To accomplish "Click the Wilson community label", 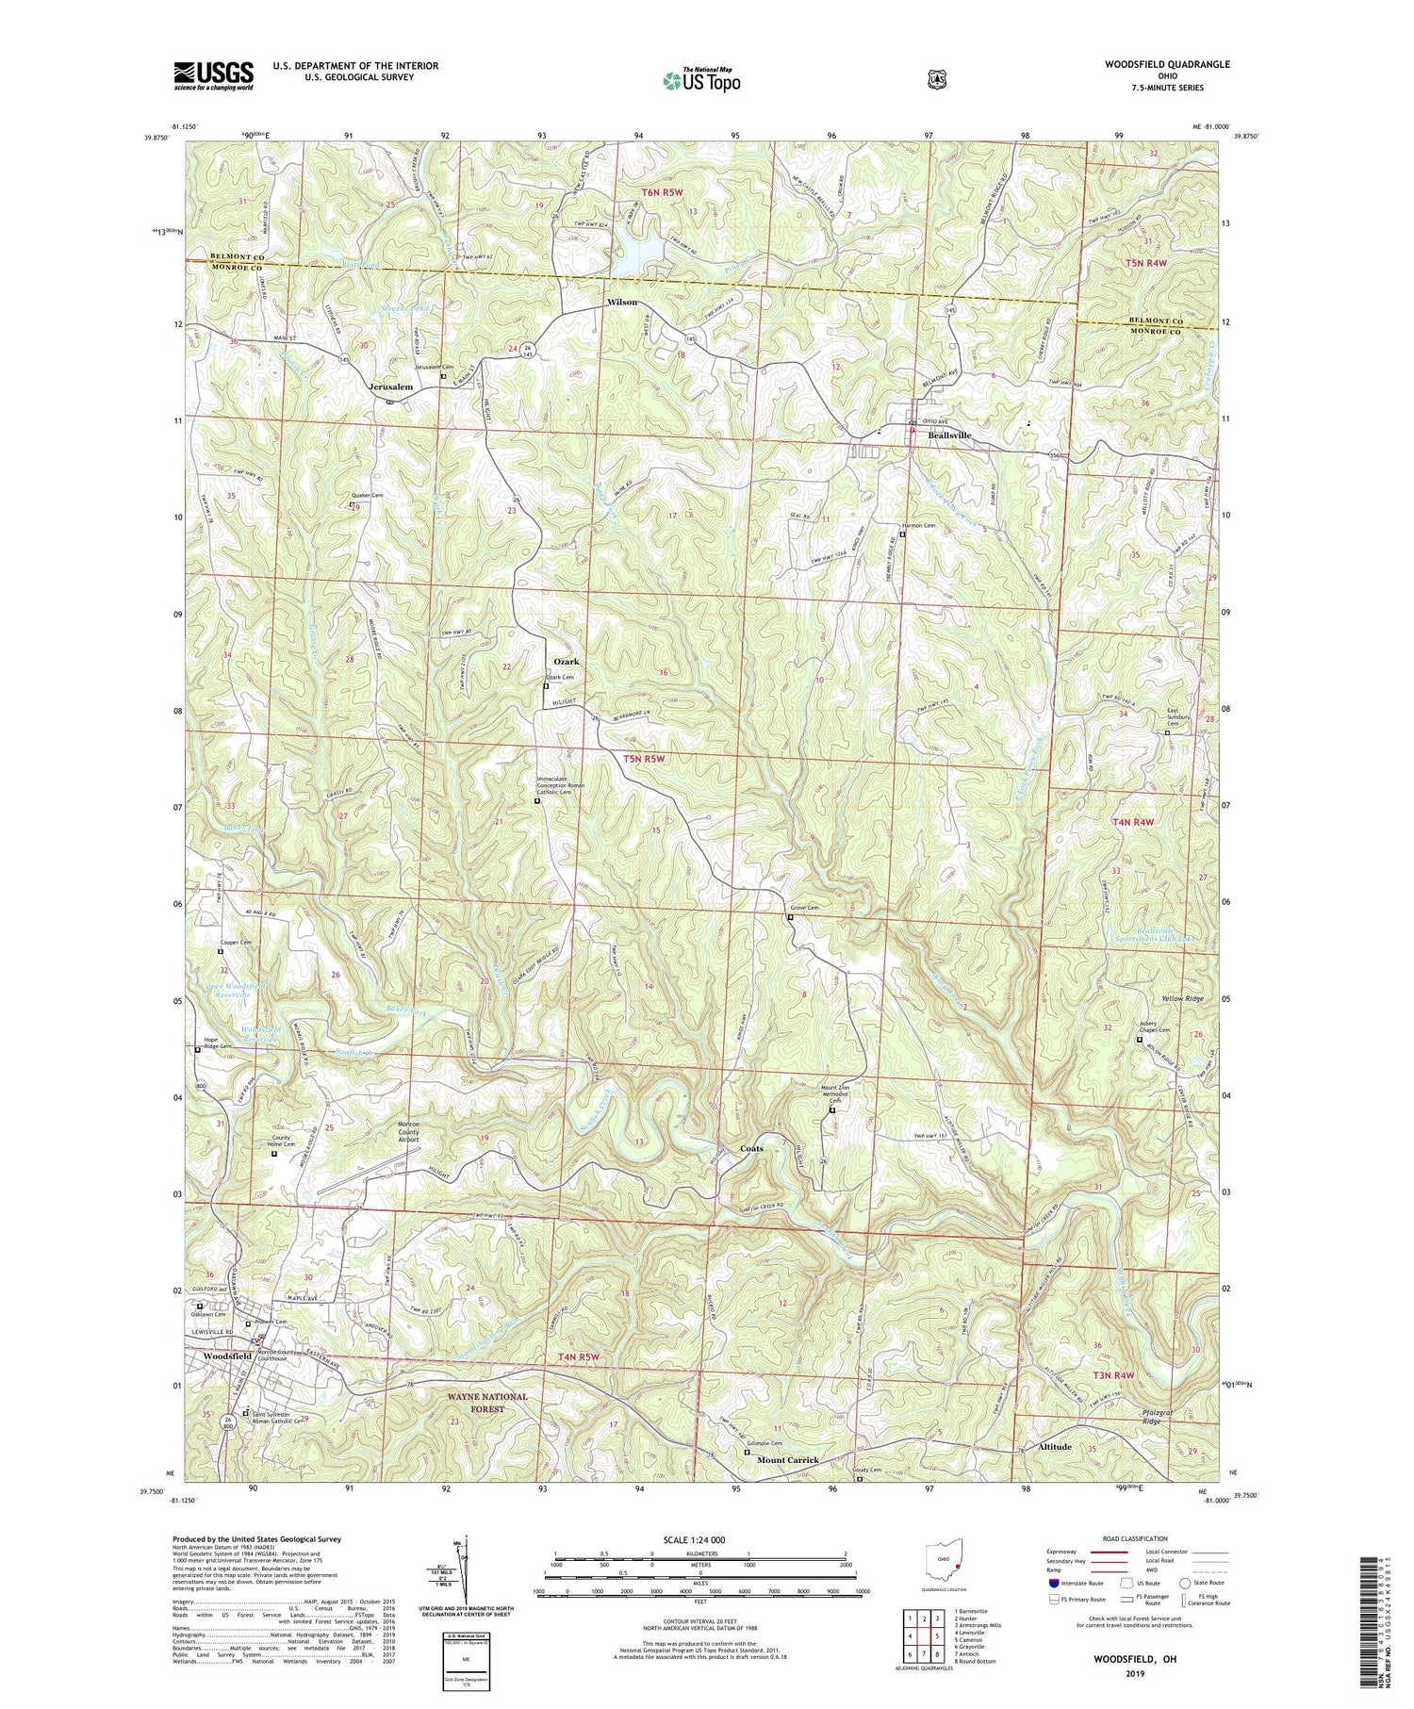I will click(x=622, y=303).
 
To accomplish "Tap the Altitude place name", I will click(x=1055, y=1446).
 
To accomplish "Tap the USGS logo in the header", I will click(x=213, y=74).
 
